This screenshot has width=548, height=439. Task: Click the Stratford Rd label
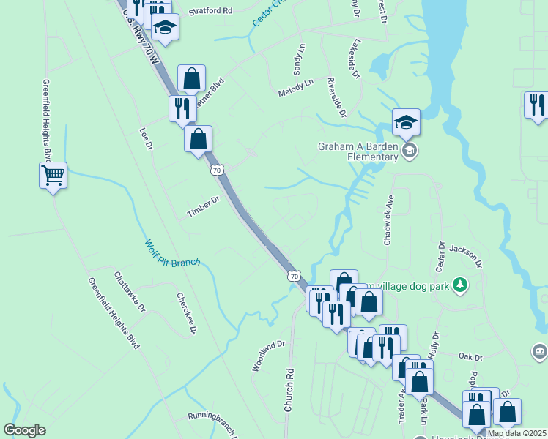tap(210, 12)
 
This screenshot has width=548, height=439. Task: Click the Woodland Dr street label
tap(269, 356)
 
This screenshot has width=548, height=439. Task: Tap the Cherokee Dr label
tap(188, 315)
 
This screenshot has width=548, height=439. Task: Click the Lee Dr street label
tap(145, 139)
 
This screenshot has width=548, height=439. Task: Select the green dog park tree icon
tap(459, 284)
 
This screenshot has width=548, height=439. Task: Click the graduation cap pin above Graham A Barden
tap(406, 122)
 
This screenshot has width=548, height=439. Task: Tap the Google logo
tap(25, 430)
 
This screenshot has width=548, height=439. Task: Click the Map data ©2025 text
tap(516, 433)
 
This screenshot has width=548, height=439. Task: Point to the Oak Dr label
tap(470, 357)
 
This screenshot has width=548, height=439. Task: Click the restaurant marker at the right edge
tap(537, 105)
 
